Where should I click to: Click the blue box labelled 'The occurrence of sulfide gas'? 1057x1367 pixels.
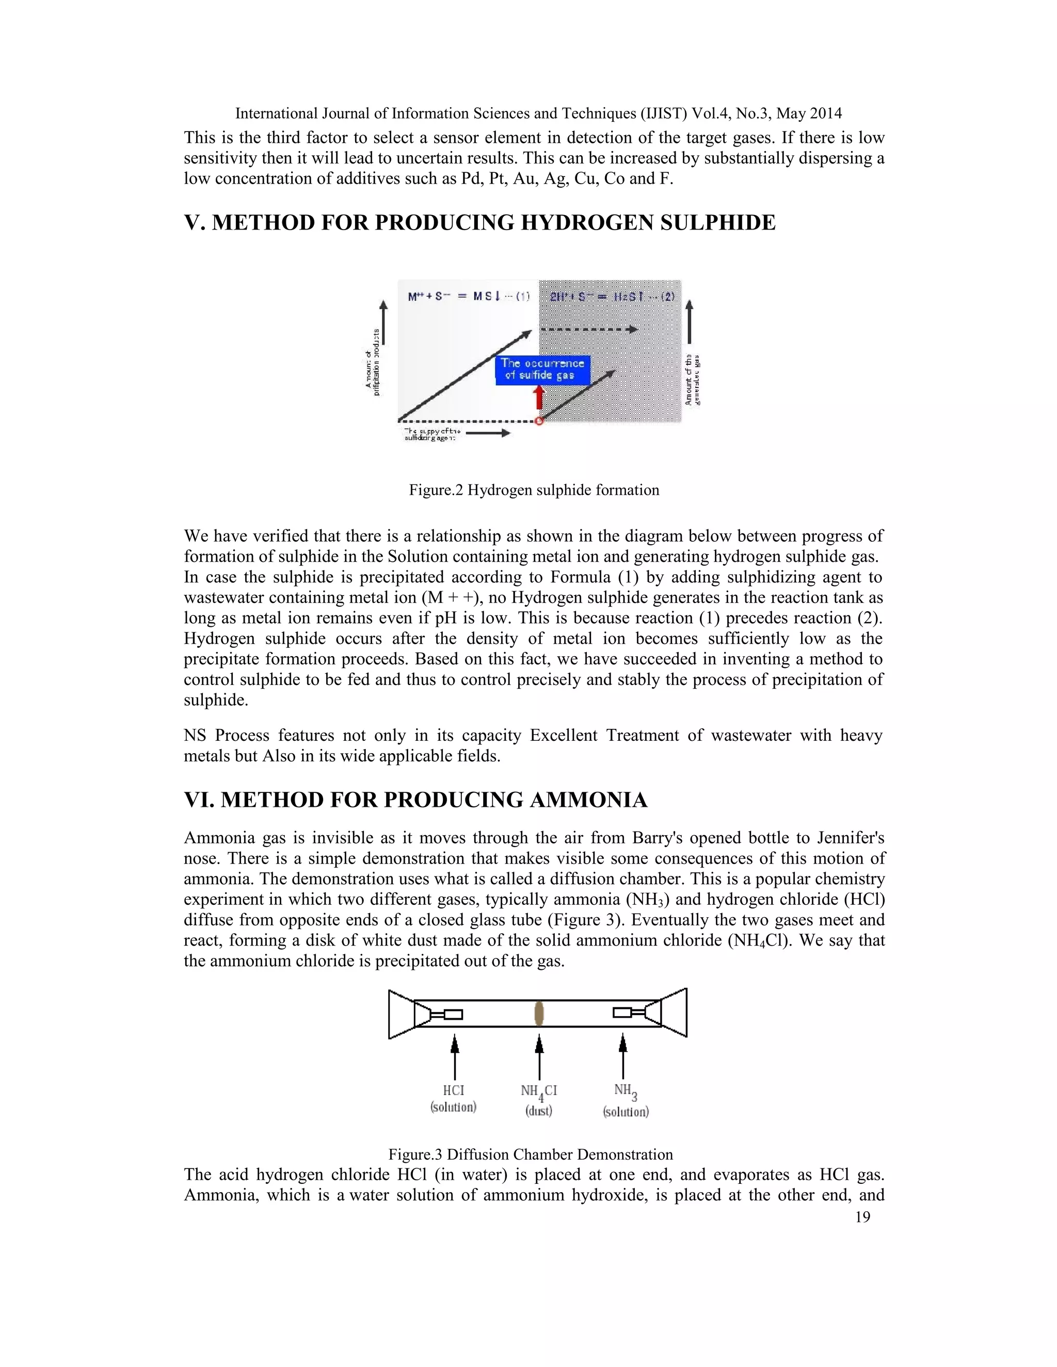[542, 369]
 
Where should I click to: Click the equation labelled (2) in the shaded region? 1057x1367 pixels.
[612, 297]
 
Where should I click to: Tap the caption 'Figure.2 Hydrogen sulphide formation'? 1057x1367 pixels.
[534, 490]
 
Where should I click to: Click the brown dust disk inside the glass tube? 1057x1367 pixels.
[538, 1013]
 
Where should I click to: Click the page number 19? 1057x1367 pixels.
[862, 1217]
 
